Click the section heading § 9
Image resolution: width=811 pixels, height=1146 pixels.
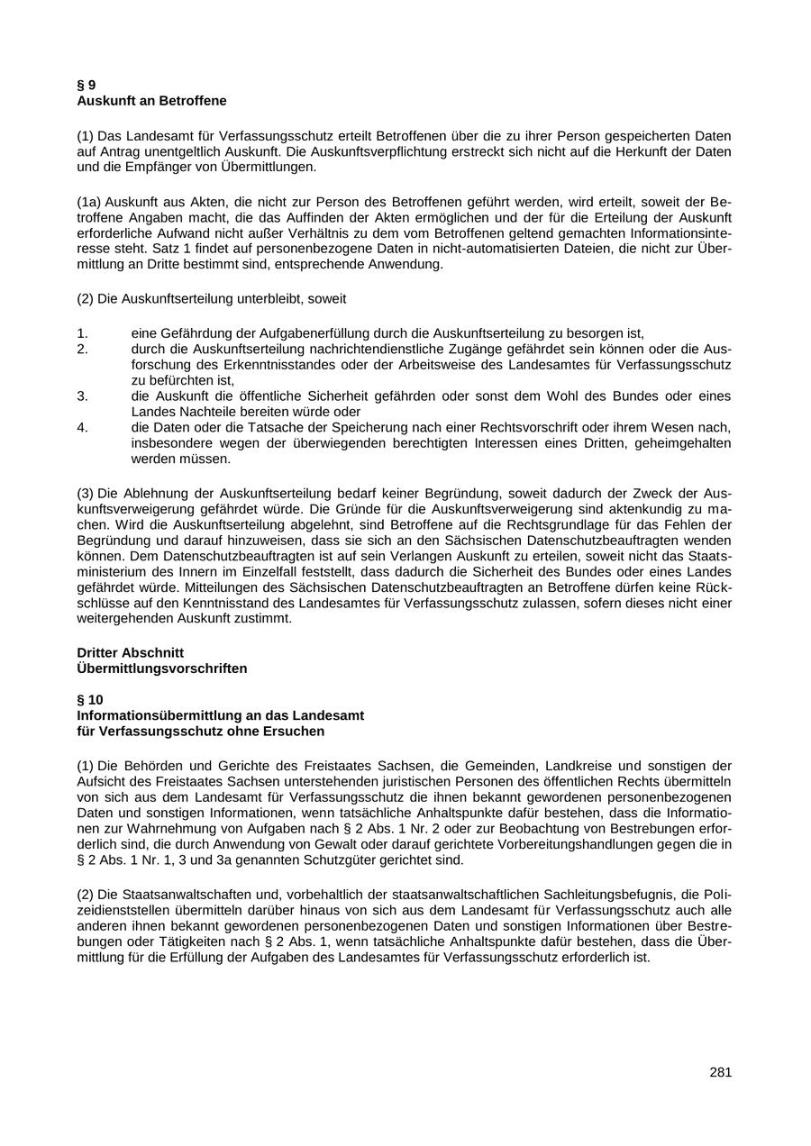pos(87,85)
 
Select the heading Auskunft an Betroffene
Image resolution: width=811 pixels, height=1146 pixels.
pos(151,100)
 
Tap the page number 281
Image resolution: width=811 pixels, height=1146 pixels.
pos(720,1072)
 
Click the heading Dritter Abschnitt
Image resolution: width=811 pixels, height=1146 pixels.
pos(131,652)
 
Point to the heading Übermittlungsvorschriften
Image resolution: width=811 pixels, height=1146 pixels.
pos(161,668)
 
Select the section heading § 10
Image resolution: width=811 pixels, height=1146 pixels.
pos(91,699)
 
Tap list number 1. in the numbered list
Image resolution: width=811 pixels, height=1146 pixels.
pos(82,332)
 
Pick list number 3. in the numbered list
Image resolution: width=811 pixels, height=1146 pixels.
pos(82,396)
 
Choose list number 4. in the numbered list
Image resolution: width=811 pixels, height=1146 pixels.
pos(82,427)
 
